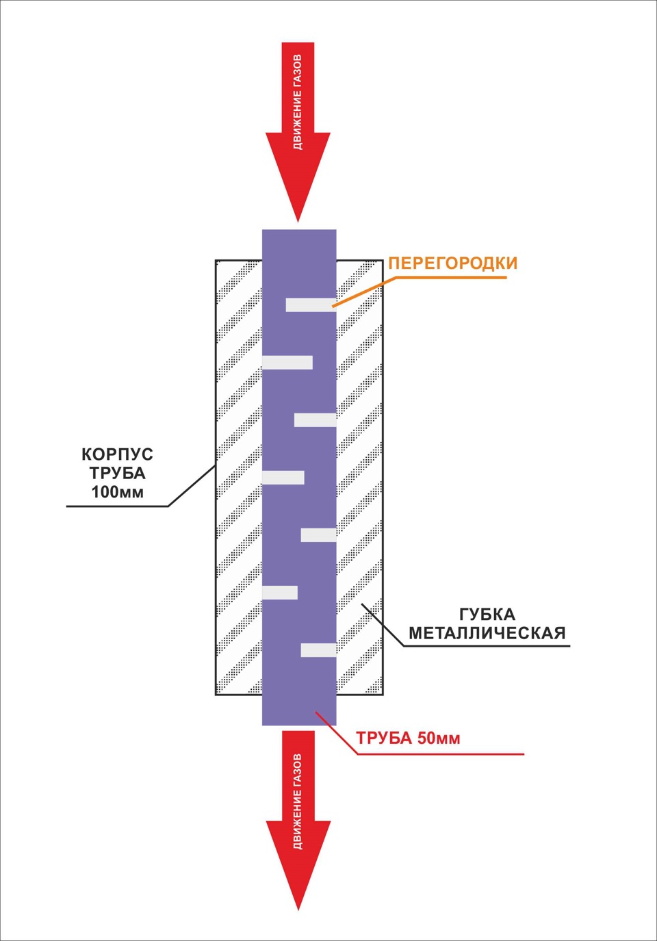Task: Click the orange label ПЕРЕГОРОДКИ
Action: (453, 263)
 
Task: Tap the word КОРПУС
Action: (117, 454)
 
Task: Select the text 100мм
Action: (118, 492)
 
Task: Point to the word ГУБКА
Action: (487, 615)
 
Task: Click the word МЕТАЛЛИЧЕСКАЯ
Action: (487, 632)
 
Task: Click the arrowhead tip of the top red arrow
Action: (298, 221)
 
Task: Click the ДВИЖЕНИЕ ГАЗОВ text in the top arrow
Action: (298, 102)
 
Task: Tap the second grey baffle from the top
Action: (287, 363)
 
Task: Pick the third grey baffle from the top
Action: (315, 420)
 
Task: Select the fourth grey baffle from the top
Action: (283, 478)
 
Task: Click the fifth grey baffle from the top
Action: (319, 535)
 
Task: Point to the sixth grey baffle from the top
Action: (280, 593)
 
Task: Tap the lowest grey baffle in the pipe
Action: (319, 650)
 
